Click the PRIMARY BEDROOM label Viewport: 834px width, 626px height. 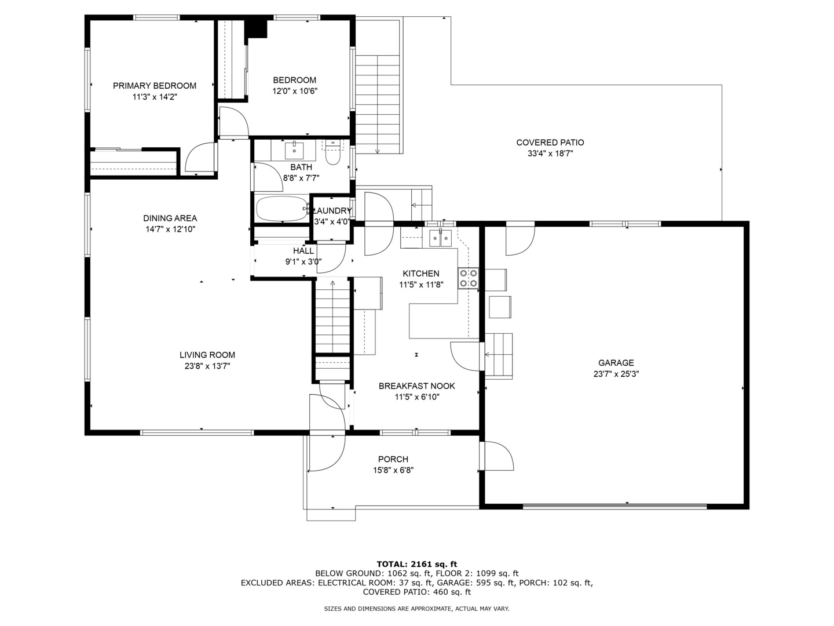click(x=154, y=86)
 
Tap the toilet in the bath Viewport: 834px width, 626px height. click(x=333, y=153)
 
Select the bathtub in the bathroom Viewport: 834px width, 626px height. click(x=282, y=208)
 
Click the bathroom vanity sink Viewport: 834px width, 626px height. click(x=294, y=150)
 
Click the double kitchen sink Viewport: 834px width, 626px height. click(x=440, y=238)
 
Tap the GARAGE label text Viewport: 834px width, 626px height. click(x=616, y=363)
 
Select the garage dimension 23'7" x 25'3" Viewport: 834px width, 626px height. click(x=616, y=374)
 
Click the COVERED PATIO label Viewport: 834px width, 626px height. click(x=550, y=143)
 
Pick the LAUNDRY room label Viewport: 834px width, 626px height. click(x=332, y=211)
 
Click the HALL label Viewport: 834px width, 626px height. click(x=303, y=251)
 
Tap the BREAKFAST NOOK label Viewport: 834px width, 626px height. click(x=417, y=386)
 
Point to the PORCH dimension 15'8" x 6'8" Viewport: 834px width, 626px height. click(x=393, y=471)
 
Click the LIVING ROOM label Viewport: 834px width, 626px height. click(x=207, y=355)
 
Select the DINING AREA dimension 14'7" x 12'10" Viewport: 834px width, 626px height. click(x=170, y=229)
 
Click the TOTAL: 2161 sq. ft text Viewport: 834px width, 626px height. click(x=417, y=565)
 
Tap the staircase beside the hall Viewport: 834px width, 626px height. click(x=333, y=316)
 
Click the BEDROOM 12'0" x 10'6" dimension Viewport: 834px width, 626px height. click(x=294, y=91)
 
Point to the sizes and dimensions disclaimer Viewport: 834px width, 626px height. click(x=416, y=609)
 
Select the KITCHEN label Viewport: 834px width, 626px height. click(x=421, y=274)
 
